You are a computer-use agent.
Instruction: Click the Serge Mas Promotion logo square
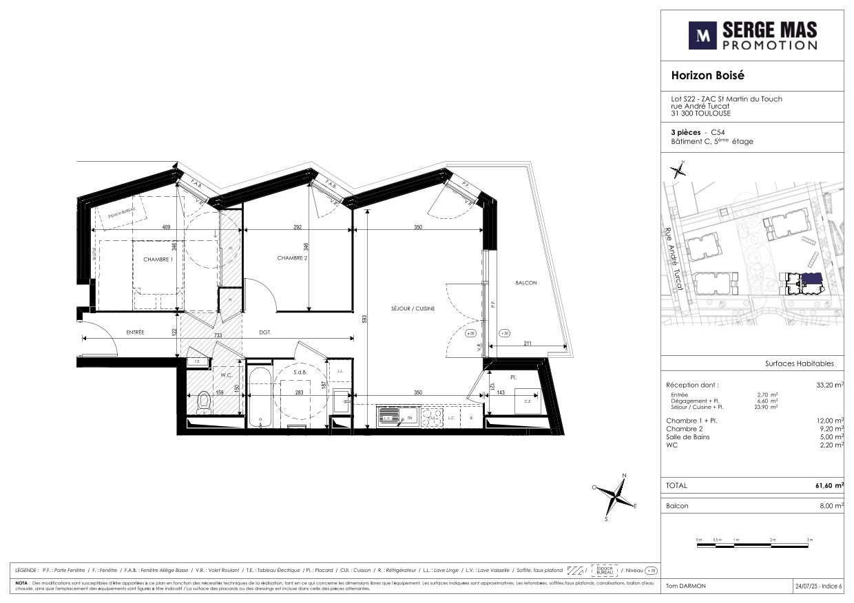click(702, 35)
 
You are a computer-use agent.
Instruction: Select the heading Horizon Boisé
click(708, 76)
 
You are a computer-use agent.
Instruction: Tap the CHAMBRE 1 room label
click(157, 260)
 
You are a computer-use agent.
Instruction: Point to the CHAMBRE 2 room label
click(292, 258)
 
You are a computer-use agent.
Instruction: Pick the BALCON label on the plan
click(525, 283)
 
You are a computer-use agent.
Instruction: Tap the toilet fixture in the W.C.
click(203, 403)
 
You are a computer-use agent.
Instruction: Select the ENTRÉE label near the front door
click(135, 332)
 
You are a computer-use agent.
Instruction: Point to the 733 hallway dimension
click(218, 335)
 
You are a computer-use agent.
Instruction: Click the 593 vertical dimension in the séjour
click(364, 319)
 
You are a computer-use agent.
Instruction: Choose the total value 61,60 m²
click(829, 486)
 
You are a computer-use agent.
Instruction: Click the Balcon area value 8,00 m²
click(830, 506)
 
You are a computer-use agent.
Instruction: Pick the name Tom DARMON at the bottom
click(686, 586)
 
